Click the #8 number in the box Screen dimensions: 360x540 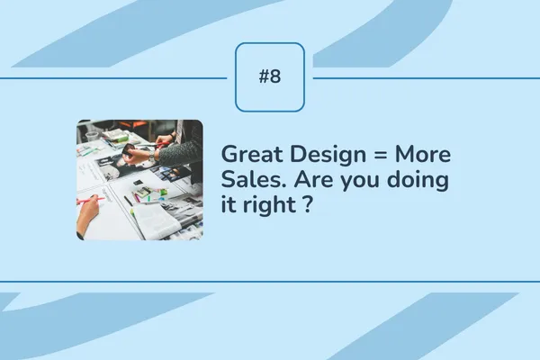(x=270, y=76)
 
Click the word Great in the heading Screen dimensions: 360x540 (x=248, y=155)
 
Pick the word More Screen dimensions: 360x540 (x=423, y=155)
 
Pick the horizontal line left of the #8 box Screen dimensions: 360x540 (x=117, y=77)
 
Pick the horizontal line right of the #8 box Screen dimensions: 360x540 (x=423, y=77)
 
